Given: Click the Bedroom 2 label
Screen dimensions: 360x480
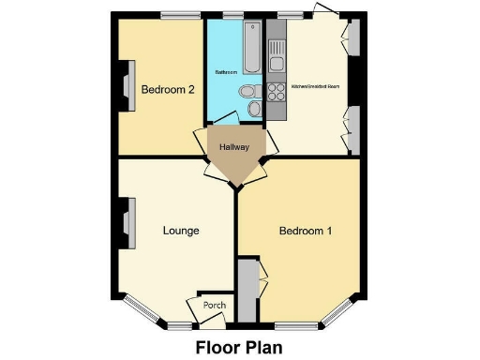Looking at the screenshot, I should [x=168, y=90].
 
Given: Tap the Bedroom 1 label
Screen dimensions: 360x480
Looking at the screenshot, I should [x=306, y=231].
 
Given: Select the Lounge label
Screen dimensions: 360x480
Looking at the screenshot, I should [x=181, y=231].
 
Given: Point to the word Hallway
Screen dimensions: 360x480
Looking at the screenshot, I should [x=233, y=148].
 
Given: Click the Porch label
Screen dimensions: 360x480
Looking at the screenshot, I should [x=216, y=305].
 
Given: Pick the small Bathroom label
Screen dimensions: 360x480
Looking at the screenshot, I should [x=225, y=71].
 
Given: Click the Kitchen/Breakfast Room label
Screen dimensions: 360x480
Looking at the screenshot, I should [x=315, y=85].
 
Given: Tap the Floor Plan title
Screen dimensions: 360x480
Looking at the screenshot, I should [x=239, y=346].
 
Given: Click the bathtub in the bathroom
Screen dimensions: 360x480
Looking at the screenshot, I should [x=254, y=49].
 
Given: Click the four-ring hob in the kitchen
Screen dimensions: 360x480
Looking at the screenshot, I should [x=277, y=92].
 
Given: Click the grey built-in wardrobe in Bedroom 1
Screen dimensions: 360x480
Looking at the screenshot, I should [x=247, y=290].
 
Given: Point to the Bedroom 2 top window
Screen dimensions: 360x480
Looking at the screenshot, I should [x=175, y=16].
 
